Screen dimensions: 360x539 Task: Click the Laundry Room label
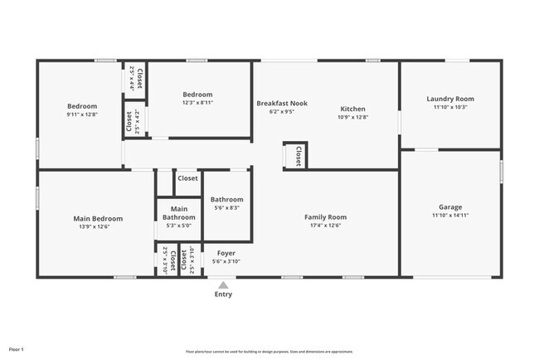pos(450,99)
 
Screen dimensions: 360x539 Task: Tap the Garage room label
pos(450,207)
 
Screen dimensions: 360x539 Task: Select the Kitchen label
pos(352,109)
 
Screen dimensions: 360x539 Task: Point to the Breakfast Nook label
pos(282,104)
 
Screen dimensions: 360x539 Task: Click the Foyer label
pos(226,253)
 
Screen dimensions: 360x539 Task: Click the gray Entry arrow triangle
pos(223,285)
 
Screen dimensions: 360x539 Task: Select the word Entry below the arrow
pos(223,294)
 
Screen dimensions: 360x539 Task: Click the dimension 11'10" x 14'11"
pos(450,216)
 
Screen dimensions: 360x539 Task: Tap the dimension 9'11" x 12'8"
pos(82,114)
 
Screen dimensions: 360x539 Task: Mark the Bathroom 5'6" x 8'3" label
pos(226,200)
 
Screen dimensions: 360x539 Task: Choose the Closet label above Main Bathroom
pos(187,178)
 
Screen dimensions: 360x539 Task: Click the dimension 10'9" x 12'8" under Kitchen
pos(352,117)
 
